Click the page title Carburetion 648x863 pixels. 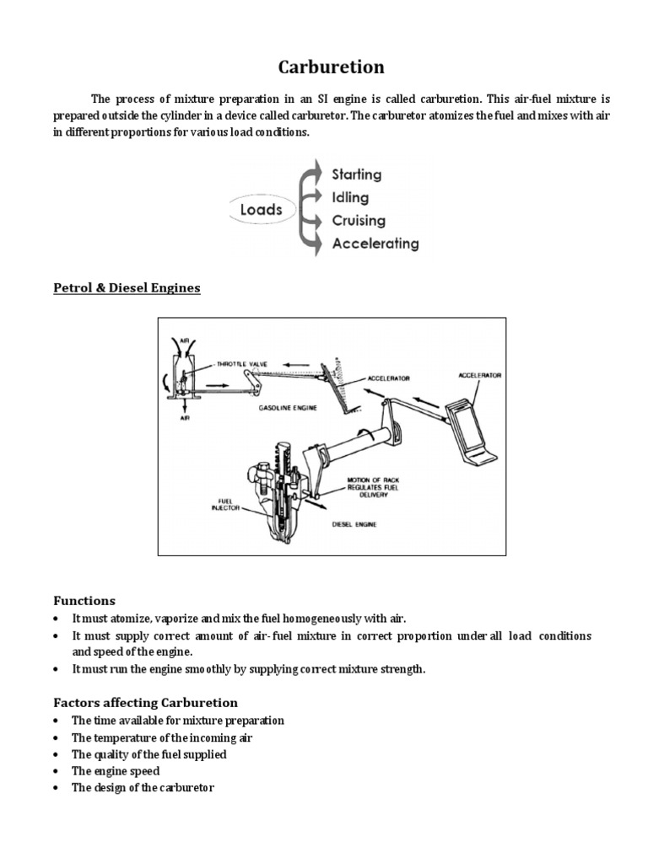point(324,67)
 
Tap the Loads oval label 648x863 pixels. point(261,209)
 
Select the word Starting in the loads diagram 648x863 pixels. point(356,175)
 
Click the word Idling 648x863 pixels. point(350,198)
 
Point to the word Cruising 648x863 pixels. point(359,221)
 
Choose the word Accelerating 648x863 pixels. point(375,244)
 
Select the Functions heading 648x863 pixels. point(84,601)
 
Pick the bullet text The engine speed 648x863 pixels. point(116,771)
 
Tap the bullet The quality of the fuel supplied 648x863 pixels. point(149,754)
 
